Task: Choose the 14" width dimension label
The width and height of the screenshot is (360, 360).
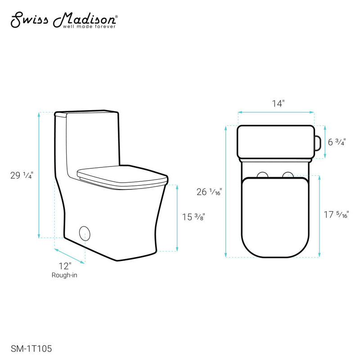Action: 278,104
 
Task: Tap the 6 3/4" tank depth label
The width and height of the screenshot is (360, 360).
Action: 336,142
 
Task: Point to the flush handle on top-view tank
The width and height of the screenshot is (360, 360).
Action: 317,143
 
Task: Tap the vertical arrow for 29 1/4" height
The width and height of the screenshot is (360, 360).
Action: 39,175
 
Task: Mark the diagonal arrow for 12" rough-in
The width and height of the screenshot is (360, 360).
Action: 70,255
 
